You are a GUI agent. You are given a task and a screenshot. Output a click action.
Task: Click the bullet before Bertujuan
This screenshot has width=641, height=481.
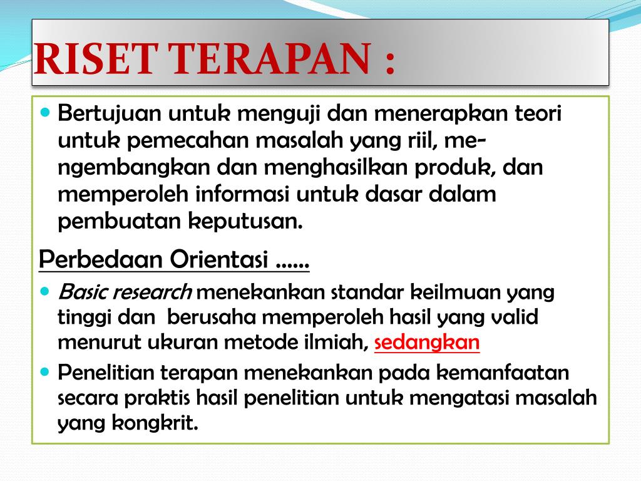[45, 111]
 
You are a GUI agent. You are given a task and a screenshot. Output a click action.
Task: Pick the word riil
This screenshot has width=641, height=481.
[423, 140]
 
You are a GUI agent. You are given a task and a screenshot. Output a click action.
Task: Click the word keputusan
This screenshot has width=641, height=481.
[245, 222]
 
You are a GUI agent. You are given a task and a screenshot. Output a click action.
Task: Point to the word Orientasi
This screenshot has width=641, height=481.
[218, 259]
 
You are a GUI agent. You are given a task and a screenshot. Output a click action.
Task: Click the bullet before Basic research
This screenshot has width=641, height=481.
[45, 292]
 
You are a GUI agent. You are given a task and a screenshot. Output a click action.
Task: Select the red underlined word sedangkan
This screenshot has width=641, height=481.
[427, 343]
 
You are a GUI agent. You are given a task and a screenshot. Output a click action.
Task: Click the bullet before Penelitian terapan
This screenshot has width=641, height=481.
[45, 372]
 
